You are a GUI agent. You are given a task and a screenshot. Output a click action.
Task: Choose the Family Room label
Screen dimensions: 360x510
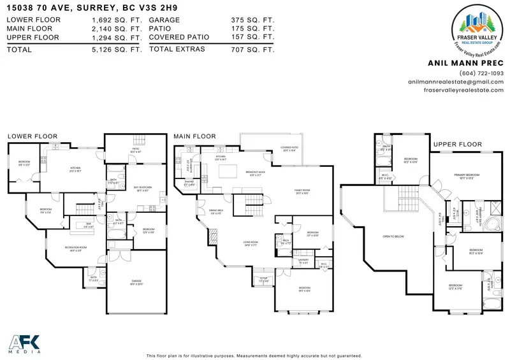[302, 192]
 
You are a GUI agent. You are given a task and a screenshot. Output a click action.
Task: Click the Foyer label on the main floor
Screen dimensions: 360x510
[263, 280]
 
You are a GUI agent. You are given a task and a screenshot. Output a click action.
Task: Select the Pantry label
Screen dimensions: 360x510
[189, 184]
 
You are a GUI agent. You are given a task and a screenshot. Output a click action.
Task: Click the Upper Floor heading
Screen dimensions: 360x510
[457, 145]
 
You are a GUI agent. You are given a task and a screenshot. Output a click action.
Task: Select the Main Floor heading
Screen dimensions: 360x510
[194, 136]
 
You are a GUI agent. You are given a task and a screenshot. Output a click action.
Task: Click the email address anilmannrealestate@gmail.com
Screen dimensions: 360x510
[459, 82]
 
